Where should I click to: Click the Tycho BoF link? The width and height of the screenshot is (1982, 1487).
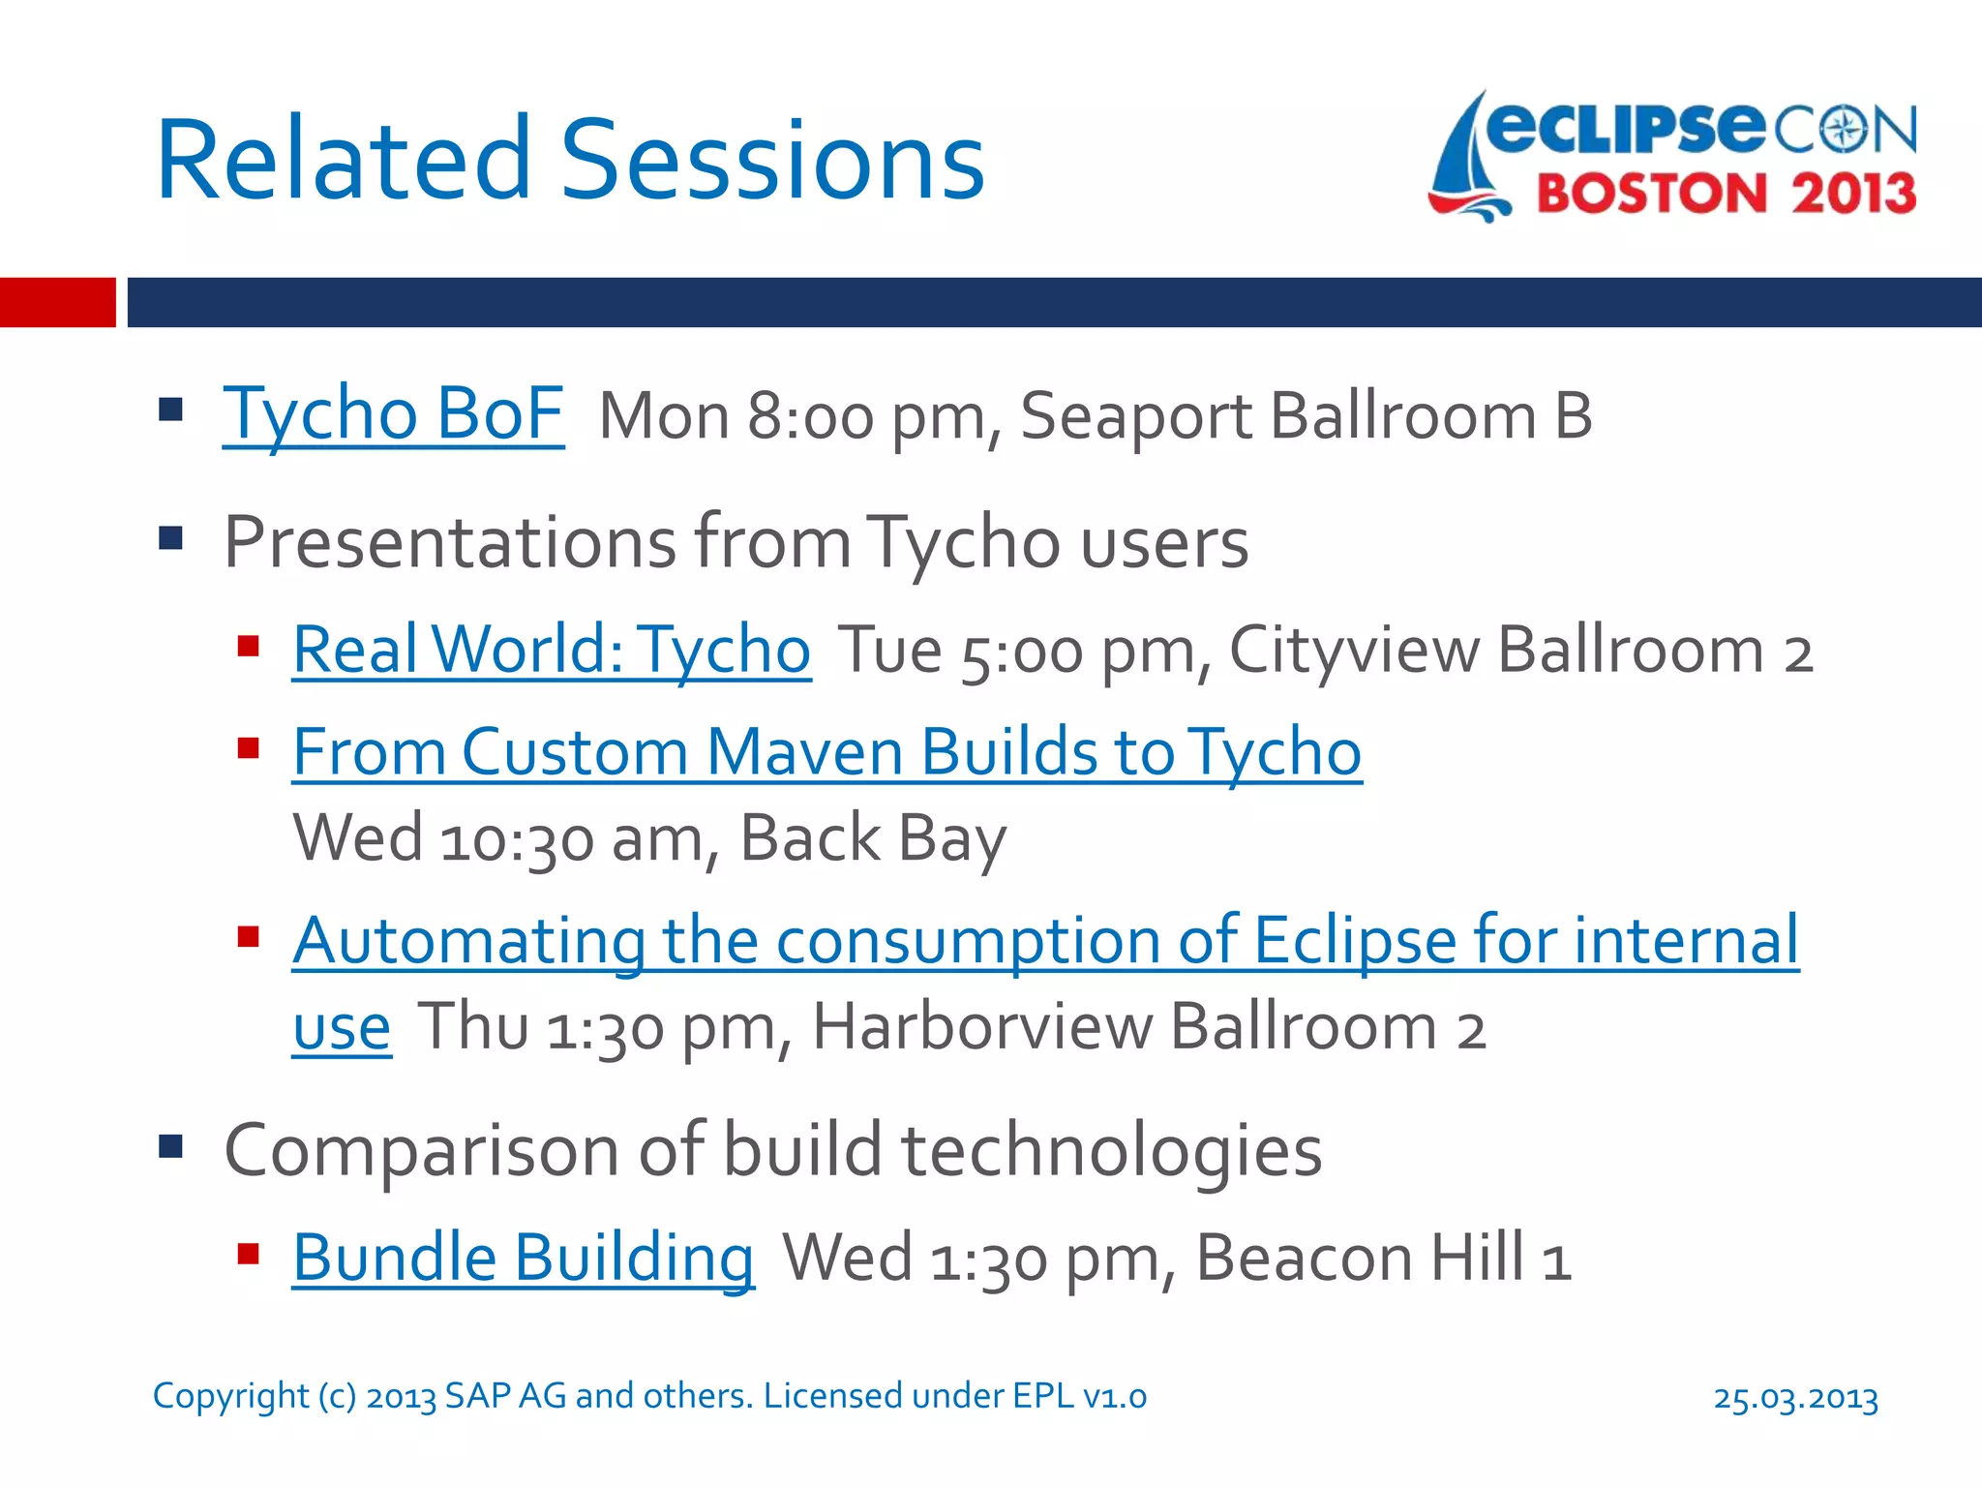click(x=393, y=414)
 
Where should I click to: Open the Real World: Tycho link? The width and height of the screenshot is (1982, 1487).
click(x=552, y=650)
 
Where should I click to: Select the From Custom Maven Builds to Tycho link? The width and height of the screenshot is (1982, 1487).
click(x=826, y=752)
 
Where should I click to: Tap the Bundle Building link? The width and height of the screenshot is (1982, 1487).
click(x=523, y=1259)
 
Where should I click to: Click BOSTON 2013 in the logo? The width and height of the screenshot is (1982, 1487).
click(x=1726, y=194)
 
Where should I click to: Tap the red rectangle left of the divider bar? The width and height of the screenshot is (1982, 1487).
click(x=57, y=302)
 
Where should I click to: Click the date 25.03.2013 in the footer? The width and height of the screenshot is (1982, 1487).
click(x=1795, y=1398)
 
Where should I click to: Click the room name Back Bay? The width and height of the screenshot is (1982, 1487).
click(x=872, y=838)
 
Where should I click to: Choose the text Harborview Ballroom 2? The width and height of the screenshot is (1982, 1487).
click(x=1148, y=1027)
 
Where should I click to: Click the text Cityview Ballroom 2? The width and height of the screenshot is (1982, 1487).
click(x=1519, y=650)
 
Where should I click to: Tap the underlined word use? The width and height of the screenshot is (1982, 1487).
click(x=342, y=1027)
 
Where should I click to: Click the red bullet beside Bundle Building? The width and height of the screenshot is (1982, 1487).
click(x=249, y=1255)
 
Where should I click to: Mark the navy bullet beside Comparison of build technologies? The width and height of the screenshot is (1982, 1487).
click(x=171, y=1147)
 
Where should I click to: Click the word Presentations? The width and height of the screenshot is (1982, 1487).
click(x=450, y=542)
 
